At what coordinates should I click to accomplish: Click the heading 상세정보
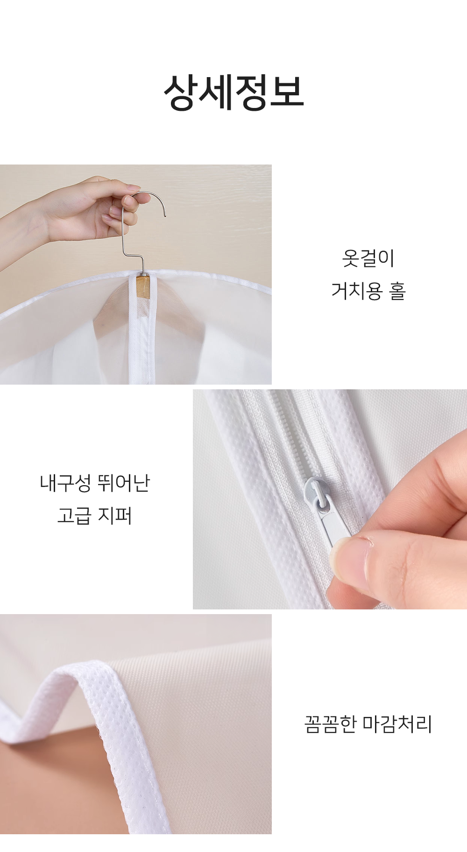[233, 93]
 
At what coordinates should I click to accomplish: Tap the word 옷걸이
[368, 258]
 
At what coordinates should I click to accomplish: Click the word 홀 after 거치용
[397, 291]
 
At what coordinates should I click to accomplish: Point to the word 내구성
[65, 483]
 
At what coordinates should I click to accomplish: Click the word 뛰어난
[124, 483]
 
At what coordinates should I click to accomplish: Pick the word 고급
[74, 515]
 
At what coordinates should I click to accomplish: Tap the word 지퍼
[115, 515]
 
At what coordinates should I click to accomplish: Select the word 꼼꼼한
[331, 724]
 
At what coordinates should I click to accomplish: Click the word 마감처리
[398, 724]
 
